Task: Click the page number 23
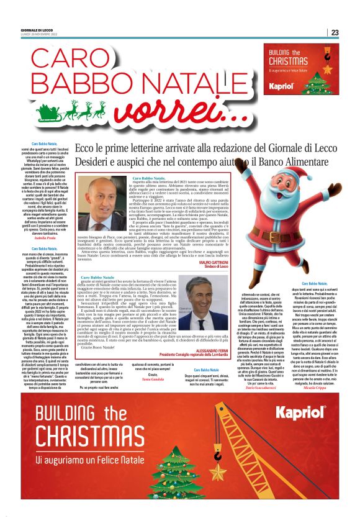click(335, 32)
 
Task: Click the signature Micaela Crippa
click(323, 395)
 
